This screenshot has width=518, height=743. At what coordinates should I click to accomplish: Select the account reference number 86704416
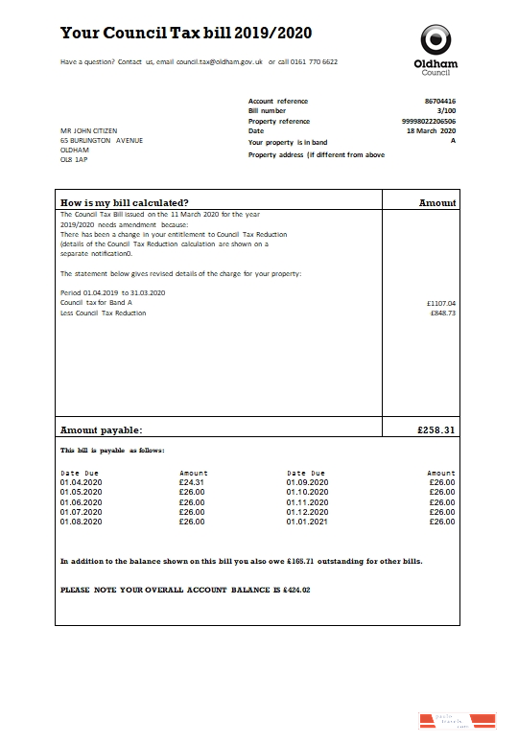pyautogui.click(x=440, y=101)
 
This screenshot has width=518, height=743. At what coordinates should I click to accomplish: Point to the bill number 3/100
pyautogui.click(x=447, y=111)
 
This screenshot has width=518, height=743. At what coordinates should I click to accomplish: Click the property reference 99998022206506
pyautogui.click(x=429, y=122)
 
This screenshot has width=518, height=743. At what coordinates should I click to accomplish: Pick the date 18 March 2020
pyautogui.click(x=432, y=131)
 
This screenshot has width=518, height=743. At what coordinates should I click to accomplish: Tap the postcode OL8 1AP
pyautogui.click(x=74, y=160)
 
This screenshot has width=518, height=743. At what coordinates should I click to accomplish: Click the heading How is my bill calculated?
pyautogui.click(x=125, y=202)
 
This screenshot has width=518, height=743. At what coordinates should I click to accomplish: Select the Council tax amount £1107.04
pyautogui.click(x=441, y=303)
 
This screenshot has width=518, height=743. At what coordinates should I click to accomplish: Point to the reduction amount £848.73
pyautogui.click(x=443, y=313)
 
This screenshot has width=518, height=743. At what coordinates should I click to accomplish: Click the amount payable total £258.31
pyautogui.click(x=436, y=431)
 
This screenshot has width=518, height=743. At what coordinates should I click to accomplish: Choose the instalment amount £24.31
pyautogui.click(x=192, y=482)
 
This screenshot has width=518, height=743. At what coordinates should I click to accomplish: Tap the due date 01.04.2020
pyautogui.click(x=80, y=482)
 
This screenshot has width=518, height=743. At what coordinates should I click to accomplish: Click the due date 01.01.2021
pyautogui.click(x=307, y=522)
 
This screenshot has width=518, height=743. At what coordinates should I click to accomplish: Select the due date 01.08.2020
pyautogui.click(x=80, y=522)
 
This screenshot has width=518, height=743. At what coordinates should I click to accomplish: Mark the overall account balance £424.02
pyautogui.click(x=293, y=590)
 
